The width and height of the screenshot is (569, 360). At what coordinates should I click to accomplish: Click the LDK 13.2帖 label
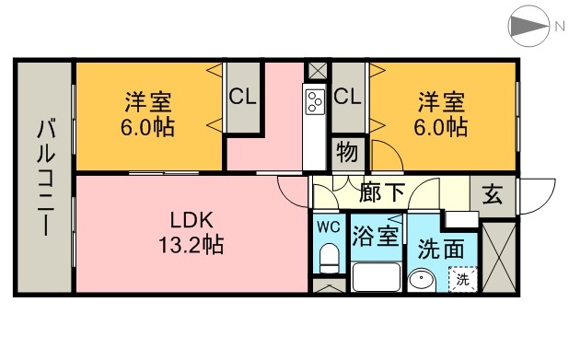pos(192,233)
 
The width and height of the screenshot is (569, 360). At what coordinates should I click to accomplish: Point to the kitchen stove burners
pos(315,100)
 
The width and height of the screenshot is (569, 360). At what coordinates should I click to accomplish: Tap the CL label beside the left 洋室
pos(242,96)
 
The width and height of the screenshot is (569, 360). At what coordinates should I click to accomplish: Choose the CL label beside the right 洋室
pos(347,96)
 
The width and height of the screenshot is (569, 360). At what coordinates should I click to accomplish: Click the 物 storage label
pos(347,152)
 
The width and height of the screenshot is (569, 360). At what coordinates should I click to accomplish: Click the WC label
pos(328,226)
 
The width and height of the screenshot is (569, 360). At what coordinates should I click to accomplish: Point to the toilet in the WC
pos(327,261)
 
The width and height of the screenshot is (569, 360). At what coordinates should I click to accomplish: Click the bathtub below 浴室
pos(375,277)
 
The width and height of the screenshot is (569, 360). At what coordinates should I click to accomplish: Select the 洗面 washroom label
pos(440,248)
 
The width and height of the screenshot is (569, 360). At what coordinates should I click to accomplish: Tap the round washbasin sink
pos(424,280)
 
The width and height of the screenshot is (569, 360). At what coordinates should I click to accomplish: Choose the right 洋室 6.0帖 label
pos(442,113)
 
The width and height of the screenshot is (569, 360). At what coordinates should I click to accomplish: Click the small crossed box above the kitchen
pos(317,71)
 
